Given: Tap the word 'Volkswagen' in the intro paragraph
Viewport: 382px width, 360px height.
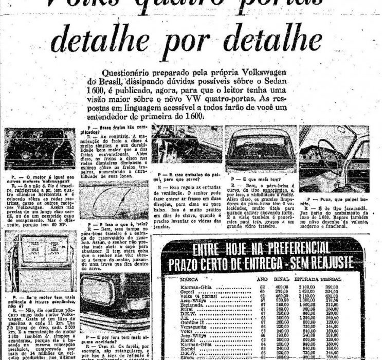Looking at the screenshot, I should point(280,74).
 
